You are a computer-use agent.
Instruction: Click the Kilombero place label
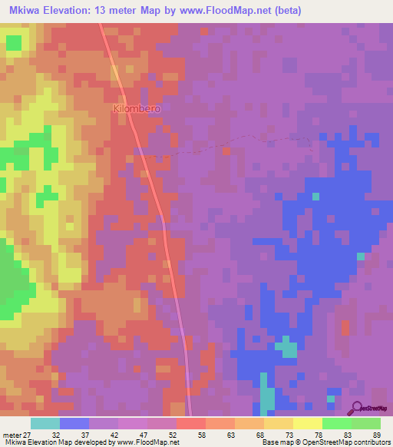tap(137, 109)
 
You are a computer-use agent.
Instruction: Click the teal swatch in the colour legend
tap(45, 423)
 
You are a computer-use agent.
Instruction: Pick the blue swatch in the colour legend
tap(74, 423)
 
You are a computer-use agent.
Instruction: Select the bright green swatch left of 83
tap(337, 423)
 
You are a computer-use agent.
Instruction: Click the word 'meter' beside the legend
tap(12, 434)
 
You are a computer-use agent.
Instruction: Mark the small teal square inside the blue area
tap(315, 197)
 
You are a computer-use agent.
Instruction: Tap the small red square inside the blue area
tap(345, 328)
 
